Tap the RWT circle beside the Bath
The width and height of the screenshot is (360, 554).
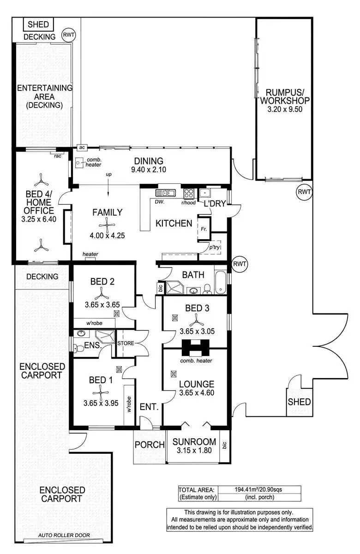coord(240,264)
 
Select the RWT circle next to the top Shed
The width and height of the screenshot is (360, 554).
coord(69,35)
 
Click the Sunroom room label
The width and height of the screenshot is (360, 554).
coord(194,441)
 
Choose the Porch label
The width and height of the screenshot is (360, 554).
coord(150,445)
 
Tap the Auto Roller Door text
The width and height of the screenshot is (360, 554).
coord(65,536)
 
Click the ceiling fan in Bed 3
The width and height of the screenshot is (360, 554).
coord(198,318)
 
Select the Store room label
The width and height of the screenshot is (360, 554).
coord(125,343)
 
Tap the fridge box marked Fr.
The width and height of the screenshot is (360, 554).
coord(204,229)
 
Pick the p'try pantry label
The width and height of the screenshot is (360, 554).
coord(214,247)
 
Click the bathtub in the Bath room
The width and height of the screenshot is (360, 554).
coord(221,283)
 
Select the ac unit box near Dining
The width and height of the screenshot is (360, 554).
coord(82,147)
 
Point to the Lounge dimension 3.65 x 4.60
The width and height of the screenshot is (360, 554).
coord(196,394)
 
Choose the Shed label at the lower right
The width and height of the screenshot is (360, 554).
coord(300,402)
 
